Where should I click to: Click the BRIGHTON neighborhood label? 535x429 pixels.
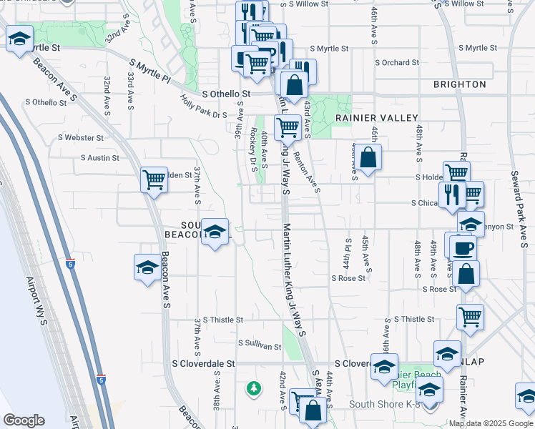pyautogui.click(x=459, y=84)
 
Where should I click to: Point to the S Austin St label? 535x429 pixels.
pyautogui.click(x=104, y=157)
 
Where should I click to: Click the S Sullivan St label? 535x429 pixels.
pyautogui.click(x=260, y=345)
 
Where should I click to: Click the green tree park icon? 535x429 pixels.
pyautogui.click(x=253, y=388)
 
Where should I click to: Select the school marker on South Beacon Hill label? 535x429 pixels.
pyautogui.click(x=215, y=232)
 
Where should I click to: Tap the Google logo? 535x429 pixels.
pyautogui.click(x=24, y=420)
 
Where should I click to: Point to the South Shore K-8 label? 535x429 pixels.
pyautogui.click(x=383, y=404)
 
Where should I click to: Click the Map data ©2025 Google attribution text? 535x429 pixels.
pyautogui.click(x=491, y=423)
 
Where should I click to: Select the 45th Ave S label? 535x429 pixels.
pyautogui.click(x=365, y=253)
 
